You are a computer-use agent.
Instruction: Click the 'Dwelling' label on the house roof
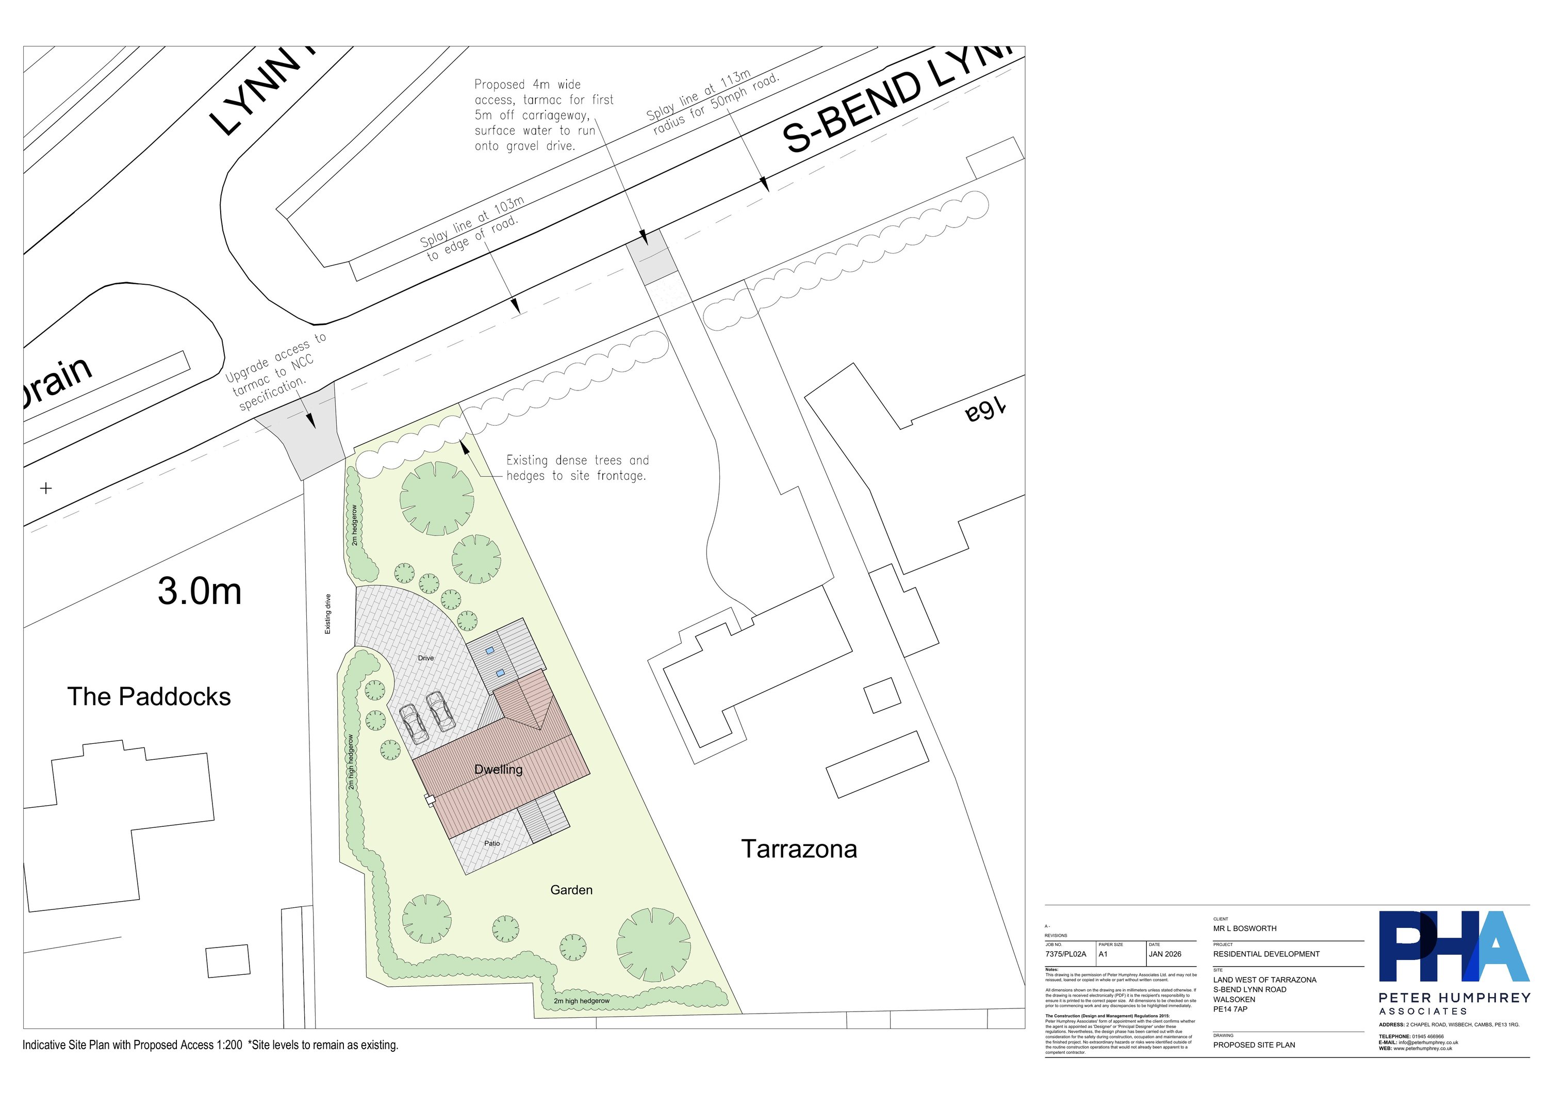click(x=498, y=770)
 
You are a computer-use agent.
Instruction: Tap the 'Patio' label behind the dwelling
click(x=492, y=843)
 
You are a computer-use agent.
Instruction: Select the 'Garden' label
click(x=571, y=890)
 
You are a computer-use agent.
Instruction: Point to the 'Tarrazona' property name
click(x=799, y=849)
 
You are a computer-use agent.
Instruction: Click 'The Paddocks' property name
click(x=149, y=697)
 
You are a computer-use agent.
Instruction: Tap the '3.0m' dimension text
click(x=200, y=591)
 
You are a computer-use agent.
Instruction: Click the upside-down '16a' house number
click(x=984, y=411)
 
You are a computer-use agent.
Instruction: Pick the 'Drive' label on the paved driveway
click(x=426, y=658)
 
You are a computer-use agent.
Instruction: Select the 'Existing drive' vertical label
click(x=328, y=613)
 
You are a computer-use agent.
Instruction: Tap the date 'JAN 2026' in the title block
click(x=1165, y=954)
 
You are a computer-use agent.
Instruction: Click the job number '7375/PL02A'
click(x=1066, y=954)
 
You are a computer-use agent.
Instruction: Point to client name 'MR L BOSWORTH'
click(x=1245, y=928)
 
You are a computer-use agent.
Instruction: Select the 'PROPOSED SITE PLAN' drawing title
click(x=1254, y=1045)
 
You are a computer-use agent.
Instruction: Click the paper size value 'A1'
click(x=1104, y=954)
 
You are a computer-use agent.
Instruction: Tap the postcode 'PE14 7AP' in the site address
click(x=1230, y=1009)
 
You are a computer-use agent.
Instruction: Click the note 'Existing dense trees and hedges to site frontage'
click(x=578, y=468)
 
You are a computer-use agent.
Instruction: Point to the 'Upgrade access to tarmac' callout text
click(x=275, y=372)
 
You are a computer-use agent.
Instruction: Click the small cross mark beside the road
click(x=46, y=488)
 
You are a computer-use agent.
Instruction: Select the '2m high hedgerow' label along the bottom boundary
click(x=582, y=1001)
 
